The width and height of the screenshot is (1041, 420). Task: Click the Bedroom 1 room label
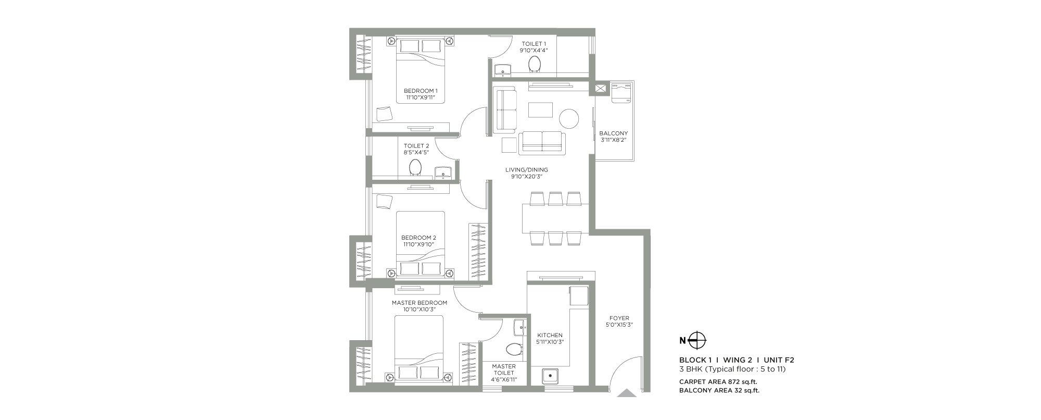point(421,91)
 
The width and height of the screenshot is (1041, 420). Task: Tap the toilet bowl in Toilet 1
point(535,64)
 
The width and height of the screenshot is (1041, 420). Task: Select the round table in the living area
point(569,118)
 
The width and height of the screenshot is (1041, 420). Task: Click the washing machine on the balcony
point(621,93)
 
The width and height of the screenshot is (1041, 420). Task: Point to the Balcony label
point(613,133)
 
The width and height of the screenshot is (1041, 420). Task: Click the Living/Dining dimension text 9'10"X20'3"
point(527,177)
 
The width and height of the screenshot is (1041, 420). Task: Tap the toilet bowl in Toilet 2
point(415,167)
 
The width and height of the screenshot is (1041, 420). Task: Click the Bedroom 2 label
point(418,238)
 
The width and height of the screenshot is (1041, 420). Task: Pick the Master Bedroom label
point(419,303)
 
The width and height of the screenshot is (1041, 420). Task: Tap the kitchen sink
point(550,376)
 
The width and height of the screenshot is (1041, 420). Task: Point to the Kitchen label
point(550,335)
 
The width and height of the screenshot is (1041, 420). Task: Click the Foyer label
point(619,318)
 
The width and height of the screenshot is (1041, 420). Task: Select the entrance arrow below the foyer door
point(627,393)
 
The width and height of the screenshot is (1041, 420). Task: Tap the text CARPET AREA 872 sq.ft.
point(718,381)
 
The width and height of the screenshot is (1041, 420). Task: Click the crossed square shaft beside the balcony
point(600,89)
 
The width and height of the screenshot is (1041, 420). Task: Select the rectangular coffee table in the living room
point(540,110)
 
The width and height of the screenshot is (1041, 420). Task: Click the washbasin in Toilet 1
point(503,69)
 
